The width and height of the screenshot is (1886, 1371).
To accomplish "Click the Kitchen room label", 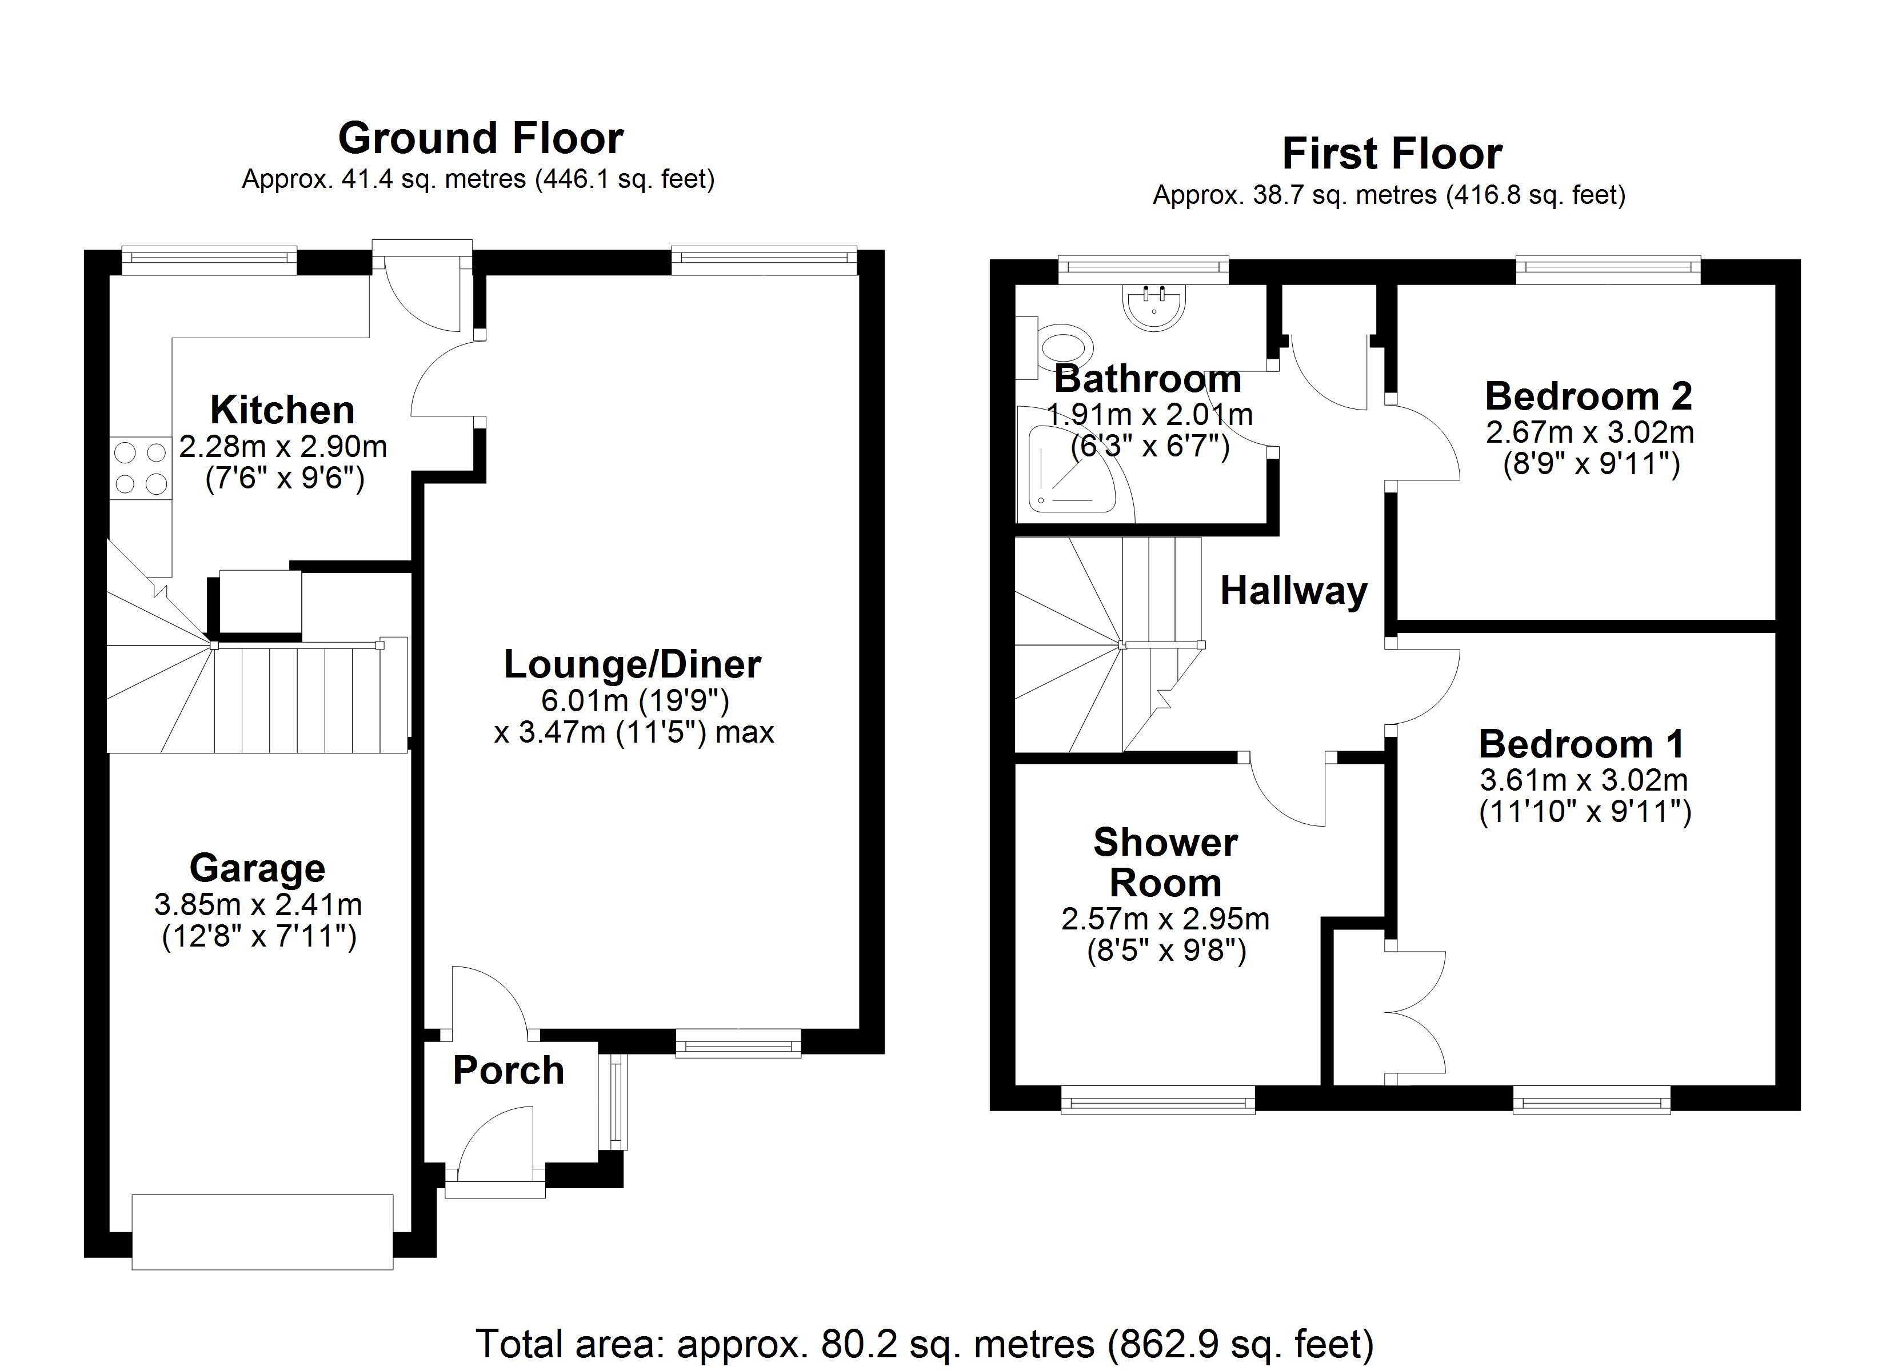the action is [283, 410].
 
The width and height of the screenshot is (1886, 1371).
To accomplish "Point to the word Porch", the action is [508, 1070].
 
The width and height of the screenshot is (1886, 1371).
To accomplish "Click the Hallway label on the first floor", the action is [1294, 591].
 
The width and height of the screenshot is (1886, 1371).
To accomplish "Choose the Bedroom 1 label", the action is [1581, 744].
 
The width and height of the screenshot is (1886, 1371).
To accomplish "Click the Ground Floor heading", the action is [481, 138].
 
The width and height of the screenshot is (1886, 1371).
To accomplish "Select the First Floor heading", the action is [1392, 154].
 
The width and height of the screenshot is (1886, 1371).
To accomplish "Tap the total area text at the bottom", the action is [925, 1344].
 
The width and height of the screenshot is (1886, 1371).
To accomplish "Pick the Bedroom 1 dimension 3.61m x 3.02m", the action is [1583, 780].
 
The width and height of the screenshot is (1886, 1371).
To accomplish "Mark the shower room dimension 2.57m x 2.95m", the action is [1165, 919].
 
